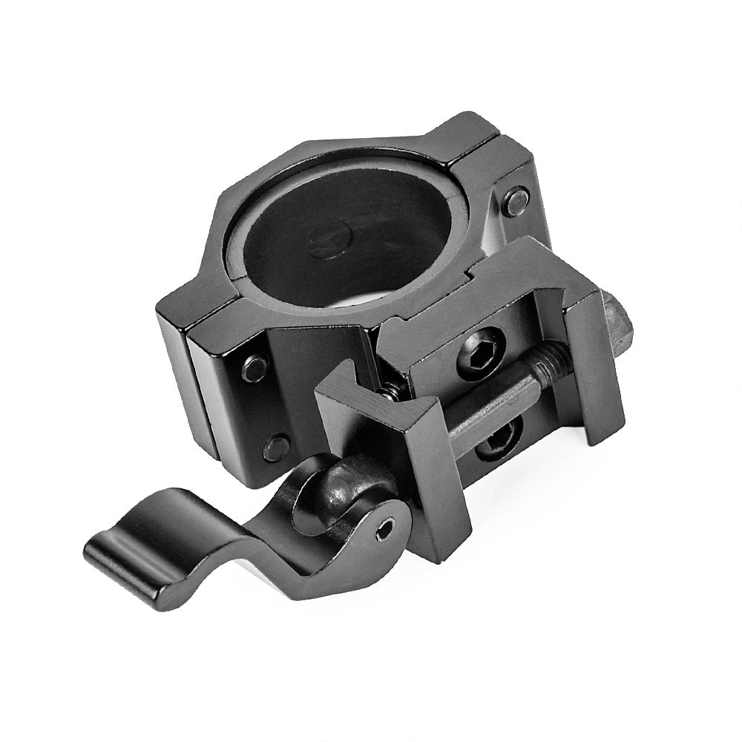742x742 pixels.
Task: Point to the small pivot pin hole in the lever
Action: tap(384, 528)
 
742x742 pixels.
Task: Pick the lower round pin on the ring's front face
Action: tap(277, 447)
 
